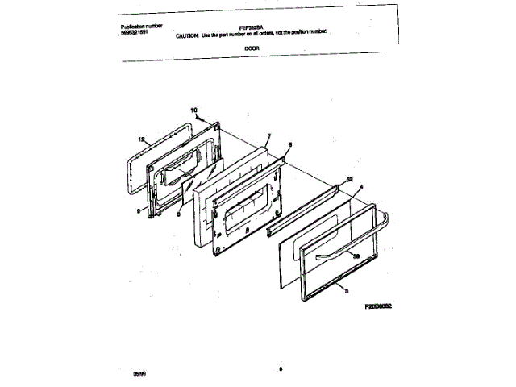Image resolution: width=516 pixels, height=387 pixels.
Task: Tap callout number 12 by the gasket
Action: pos(141,139)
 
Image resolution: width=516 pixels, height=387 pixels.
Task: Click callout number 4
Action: pos(361,187)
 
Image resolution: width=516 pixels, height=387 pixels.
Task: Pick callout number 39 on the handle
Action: pos(356,255)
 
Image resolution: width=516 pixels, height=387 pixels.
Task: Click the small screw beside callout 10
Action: pos(198,117)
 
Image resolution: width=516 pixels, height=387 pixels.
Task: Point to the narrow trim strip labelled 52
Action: pos(310,206)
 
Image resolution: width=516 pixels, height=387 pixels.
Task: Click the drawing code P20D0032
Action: pos(383,307)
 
